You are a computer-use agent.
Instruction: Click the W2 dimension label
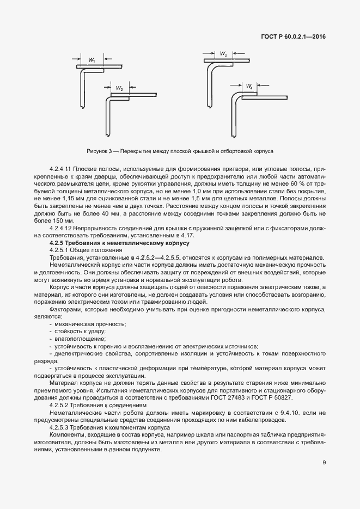coord(119,88)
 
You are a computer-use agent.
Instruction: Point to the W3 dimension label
coord(224,54)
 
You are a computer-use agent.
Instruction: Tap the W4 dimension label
coord(249,87)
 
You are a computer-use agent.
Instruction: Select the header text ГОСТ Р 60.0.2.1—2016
coord(295,38)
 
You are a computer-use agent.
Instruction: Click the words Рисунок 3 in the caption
coord(98,150)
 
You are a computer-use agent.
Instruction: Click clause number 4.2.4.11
coord(60,169)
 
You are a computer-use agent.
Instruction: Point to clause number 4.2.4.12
coord(60,229)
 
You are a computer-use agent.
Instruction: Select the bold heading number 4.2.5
coord(58,243)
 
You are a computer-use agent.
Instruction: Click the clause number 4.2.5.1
coord(59,250)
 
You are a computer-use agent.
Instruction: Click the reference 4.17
coord(183,236)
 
